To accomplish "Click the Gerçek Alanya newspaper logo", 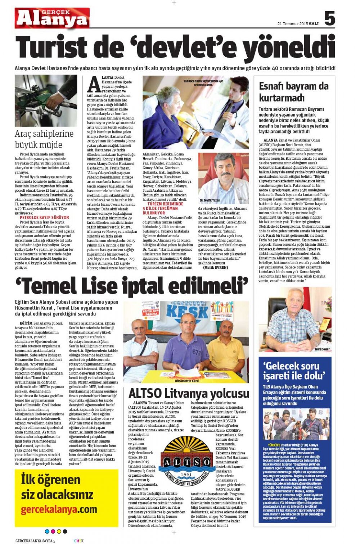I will click(52, 18).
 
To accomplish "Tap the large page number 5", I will click(329, 18).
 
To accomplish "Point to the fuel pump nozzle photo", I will click(46, 100).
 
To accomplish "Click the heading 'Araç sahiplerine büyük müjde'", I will click(44, 139).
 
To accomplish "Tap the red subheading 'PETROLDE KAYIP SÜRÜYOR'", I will click(44, 218).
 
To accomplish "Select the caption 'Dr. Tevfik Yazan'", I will click(210, 200).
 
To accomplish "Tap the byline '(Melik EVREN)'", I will click(215, 267).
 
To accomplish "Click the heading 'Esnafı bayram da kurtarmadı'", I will click(293, 92).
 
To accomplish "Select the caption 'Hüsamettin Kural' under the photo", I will click(187, 381).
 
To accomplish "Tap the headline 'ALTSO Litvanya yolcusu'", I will click(189, 393).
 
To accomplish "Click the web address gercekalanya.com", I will click(59, 509).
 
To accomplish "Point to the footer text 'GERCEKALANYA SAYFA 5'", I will click(35, 540).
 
